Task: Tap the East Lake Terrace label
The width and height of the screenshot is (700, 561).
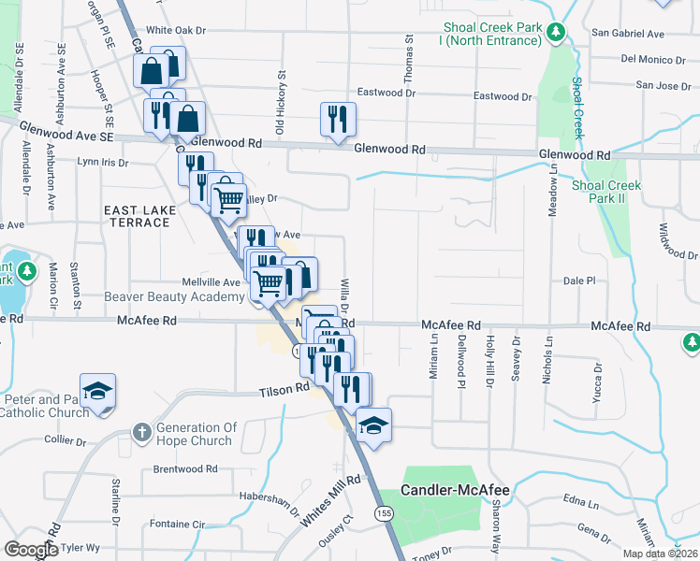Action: (140, 216)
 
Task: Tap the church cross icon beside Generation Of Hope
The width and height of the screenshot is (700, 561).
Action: (141, 432)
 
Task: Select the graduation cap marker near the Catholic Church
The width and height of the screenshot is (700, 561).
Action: (97, 393)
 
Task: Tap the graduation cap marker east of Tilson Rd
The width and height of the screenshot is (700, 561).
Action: (373, 425)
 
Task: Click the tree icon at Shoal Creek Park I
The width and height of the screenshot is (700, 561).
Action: (556, 33)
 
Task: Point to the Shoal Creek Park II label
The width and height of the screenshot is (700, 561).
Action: (605, 192)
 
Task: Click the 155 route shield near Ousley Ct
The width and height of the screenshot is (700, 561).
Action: (382, 514)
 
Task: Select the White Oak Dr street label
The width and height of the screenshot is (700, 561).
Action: (175, 30)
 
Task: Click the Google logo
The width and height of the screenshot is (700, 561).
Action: (32, 550)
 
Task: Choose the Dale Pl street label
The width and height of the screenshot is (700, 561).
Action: (579, 280)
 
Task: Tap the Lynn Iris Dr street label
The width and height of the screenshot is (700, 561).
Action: (102, 162)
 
